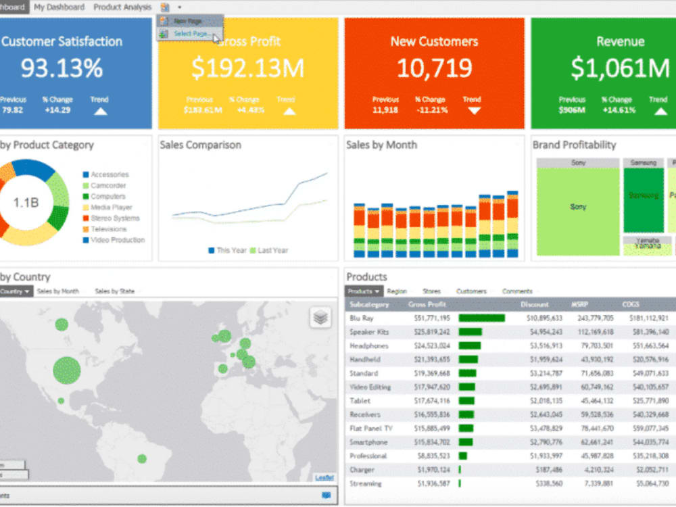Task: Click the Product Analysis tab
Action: (122, 7)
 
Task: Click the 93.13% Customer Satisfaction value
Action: (62, 68)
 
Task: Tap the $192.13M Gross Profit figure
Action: (247, 68)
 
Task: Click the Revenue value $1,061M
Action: (620, 68)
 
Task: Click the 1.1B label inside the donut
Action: (26, 202)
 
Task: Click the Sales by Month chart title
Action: (381, 145)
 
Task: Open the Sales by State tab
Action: (114, 291)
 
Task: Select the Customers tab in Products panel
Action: (471, 291)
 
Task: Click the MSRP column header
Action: (579, 304)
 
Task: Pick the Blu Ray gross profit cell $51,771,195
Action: (429, 318)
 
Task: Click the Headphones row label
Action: (368, 345)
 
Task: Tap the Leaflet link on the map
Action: (324, 478)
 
